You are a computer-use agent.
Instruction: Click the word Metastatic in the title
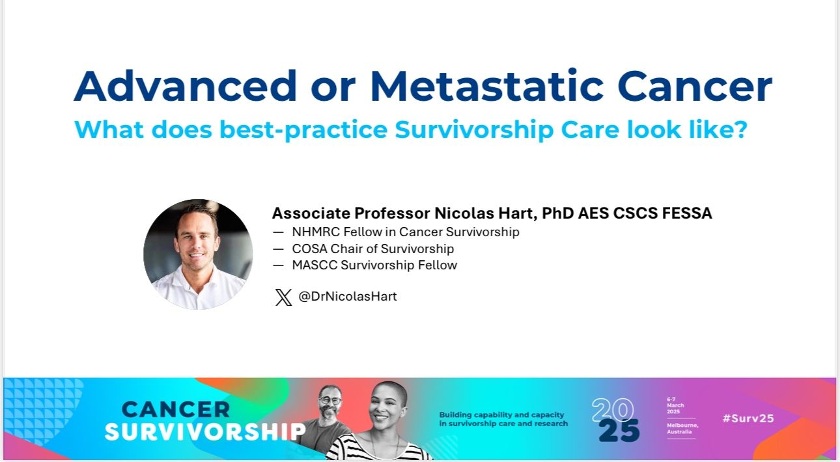click(x=487, y=86)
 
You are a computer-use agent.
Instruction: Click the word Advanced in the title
click(x=186, y=86)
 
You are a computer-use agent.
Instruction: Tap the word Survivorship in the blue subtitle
click(x=474, y=130)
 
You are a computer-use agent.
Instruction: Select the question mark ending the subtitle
click(x=740, y=129)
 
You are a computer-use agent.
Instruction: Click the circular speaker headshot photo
click(x=198, y=254)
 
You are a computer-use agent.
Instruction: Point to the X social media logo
click(x=283, y=297)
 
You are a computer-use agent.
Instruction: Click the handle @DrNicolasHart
click(x=347, y=296)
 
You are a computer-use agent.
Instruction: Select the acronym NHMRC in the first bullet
click(x=316, y=232)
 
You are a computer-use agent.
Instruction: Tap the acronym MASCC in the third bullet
click(x=315, y=265)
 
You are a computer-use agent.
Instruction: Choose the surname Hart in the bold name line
click(x=515, y=213)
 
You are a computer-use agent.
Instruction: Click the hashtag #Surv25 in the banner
click(x=748, y=418)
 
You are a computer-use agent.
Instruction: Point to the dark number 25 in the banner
click(x=619, y=431)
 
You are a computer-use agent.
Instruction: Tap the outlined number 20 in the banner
click(x=613, y=410)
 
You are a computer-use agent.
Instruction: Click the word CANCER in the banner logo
click(x=176, y=409)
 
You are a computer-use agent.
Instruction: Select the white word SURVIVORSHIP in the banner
click(x=205, y=431)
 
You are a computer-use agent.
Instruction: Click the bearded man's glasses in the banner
click(x=330, y=400)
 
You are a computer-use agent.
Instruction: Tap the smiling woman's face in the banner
click(x=386, y=407)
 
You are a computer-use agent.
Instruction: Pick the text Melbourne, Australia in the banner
click(x=682, y=429)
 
